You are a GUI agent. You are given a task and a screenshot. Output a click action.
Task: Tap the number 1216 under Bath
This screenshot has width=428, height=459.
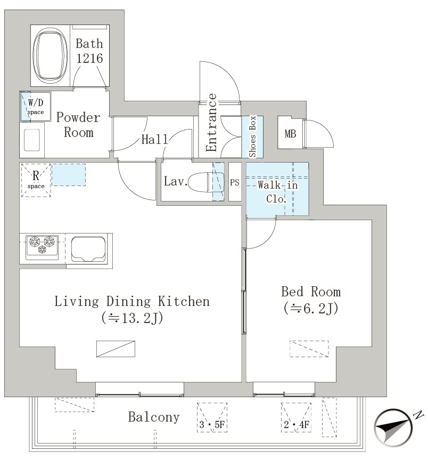89,58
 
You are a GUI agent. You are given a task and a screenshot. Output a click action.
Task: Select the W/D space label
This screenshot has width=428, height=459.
36,106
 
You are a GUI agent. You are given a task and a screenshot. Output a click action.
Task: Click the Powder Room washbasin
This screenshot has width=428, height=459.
32,140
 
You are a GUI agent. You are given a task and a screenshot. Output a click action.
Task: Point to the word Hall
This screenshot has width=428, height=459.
155,139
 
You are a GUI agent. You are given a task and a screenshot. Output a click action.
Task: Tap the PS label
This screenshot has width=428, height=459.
234,182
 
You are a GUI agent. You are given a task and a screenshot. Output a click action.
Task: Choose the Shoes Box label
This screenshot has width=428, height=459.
252,136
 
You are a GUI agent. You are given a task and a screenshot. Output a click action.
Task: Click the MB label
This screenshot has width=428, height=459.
290,134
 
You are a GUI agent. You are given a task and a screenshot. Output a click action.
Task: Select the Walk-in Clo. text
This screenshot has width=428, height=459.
277,192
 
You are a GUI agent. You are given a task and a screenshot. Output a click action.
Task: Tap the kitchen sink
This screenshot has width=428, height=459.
88,249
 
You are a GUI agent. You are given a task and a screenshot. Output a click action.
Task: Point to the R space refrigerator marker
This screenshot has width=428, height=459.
36,180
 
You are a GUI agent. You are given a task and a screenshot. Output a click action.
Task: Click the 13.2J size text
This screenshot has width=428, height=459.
132,318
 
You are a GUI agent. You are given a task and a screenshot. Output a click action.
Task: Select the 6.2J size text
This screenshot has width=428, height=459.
310,308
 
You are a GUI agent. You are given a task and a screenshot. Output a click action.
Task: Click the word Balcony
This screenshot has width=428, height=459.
154,417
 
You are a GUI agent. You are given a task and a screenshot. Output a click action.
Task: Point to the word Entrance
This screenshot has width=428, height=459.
212,123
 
